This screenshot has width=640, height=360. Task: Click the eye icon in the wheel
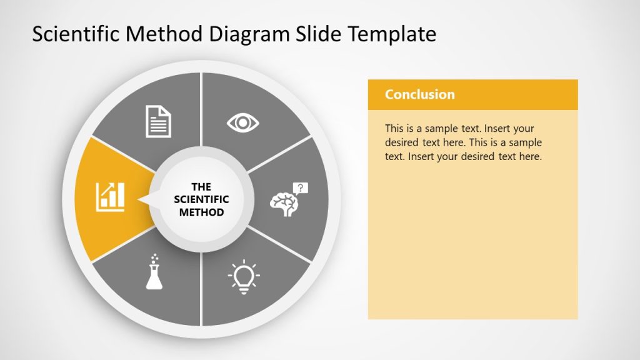pos(242,122)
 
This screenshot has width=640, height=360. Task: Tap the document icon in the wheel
pos(158,121)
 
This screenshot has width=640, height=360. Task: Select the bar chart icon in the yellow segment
pos(111,196)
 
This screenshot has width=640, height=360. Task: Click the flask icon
pos(154,275)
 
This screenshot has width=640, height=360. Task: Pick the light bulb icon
pos(244,276)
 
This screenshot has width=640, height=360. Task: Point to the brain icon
pos(284,203)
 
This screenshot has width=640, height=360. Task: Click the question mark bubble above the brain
pos(301,187)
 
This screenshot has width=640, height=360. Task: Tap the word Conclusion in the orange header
pos(419,94)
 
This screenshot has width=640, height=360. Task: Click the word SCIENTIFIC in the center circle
pos(201,199)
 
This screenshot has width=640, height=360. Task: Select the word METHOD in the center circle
pos(201,212)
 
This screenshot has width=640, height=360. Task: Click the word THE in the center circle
pos(201,187)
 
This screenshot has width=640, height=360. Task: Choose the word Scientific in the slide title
pos(75,34)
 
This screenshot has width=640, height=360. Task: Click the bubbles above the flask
pos(154,258)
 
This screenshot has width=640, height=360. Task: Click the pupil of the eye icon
pos(242,122)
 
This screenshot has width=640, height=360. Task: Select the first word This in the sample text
pos(395,129)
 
